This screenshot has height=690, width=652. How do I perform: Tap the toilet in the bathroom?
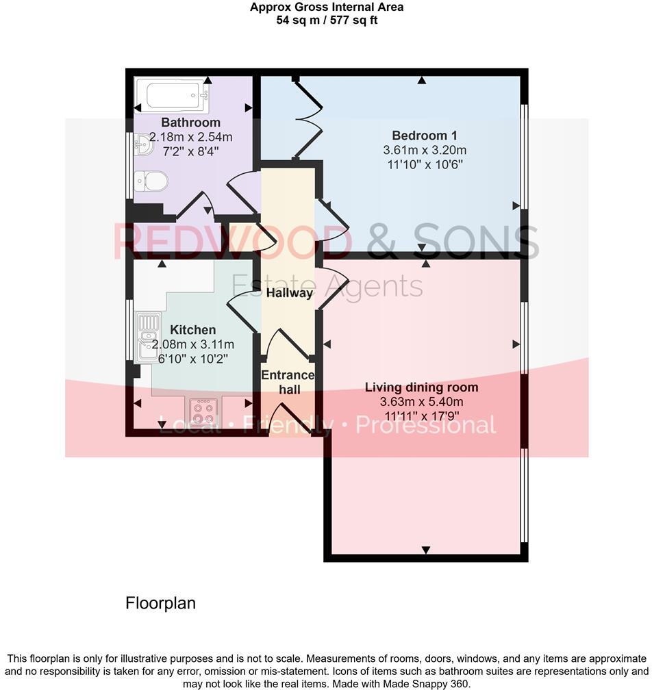point(151,181)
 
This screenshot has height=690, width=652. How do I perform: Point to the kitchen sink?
point(146,335)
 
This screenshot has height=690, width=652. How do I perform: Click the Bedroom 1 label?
point(424,136)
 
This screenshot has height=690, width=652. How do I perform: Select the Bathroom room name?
point(181,123)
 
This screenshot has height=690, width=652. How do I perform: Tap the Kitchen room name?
point(192,330)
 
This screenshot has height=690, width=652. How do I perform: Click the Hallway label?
point(289,293)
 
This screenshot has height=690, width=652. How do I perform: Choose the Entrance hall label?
point(288,382)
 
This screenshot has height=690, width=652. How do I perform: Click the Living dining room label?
point(421,387)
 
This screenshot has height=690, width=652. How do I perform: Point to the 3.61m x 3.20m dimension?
point(424,150)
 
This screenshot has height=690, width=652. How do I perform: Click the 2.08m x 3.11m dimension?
point(192,344)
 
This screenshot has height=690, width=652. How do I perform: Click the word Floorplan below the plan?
point(160,603)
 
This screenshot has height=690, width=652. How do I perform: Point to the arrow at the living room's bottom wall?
point(426,550)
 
